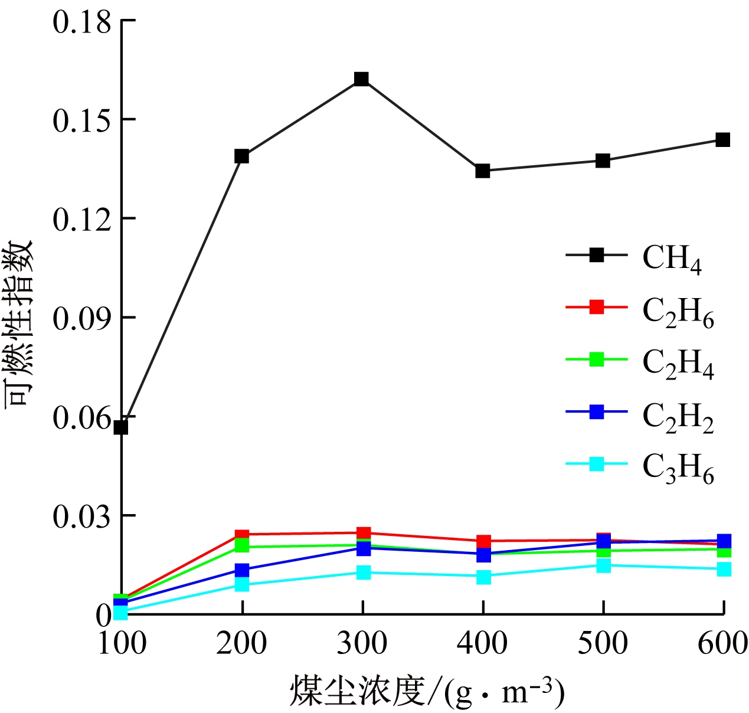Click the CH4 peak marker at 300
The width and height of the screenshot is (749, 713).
click(x=362, y=79)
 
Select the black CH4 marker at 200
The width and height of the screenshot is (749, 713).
click(x=241, y=156)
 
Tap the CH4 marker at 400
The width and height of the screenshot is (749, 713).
click(x=483, y=171)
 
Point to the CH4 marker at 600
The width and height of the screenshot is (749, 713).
click(x=723, y=140)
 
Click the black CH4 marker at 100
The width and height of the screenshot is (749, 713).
click(x=121, y=427)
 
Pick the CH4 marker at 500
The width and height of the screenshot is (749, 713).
click(x=603, y=161)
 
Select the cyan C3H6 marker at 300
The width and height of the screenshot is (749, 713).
click(x=364, y=573)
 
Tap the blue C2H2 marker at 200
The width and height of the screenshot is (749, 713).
click(x=242, y=570)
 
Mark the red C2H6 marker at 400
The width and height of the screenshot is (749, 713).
click(x=484, y=541)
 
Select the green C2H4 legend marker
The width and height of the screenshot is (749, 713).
click(x=597, y=359)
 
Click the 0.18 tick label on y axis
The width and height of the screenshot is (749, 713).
click(x=81, y=23)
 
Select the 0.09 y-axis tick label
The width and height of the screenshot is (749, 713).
click(x=81, y=319)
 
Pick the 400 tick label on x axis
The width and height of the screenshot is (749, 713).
click(x=482, y=643)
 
